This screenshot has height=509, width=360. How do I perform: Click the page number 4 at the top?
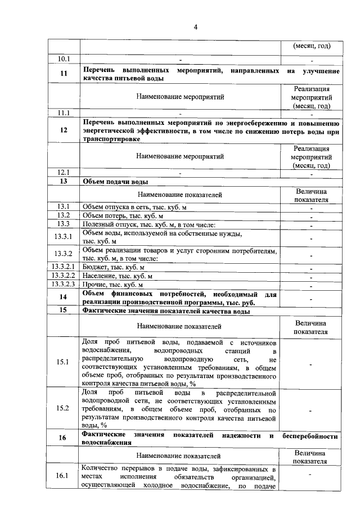pyautogui.click(x=179, y=26)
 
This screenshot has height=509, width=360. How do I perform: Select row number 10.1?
pyautogui.click(x=63, y=59)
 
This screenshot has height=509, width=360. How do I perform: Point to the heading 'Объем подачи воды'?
pyautogui.click(x=115, y=182)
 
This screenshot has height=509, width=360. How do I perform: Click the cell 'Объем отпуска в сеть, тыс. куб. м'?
pyautogui.click(x=134, y=208)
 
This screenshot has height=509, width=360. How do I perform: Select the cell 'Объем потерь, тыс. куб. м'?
pyautogui.click(x=123, y=216)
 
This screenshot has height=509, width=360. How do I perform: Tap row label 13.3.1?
pyautogui.click(x=63, y=237)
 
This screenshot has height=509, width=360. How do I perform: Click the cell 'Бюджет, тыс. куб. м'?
pyautogui.click(x=114, y=267)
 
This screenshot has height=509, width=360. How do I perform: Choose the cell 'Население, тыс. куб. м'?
pyautogui.click(x=118, y=276)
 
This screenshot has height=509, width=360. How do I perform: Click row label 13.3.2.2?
pyautogui.click(x=63, y=276)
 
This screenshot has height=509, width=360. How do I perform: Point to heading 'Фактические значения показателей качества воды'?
pyautogui.click(x=166, y=310)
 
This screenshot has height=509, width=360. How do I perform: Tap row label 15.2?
pyautogui.click(x=63, y=408)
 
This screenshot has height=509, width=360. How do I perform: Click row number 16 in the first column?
pyautogui.click(x=63, y=439)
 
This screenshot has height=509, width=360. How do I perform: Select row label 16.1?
pyautogui.click(x=63, y=476)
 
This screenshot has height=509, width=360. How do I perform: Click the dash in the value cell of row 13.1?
pyautogui.click(x=310, y=208)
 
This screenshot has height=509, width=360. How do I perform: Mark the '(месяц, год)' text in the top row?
pyautogui.click(x=310, y=46)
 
